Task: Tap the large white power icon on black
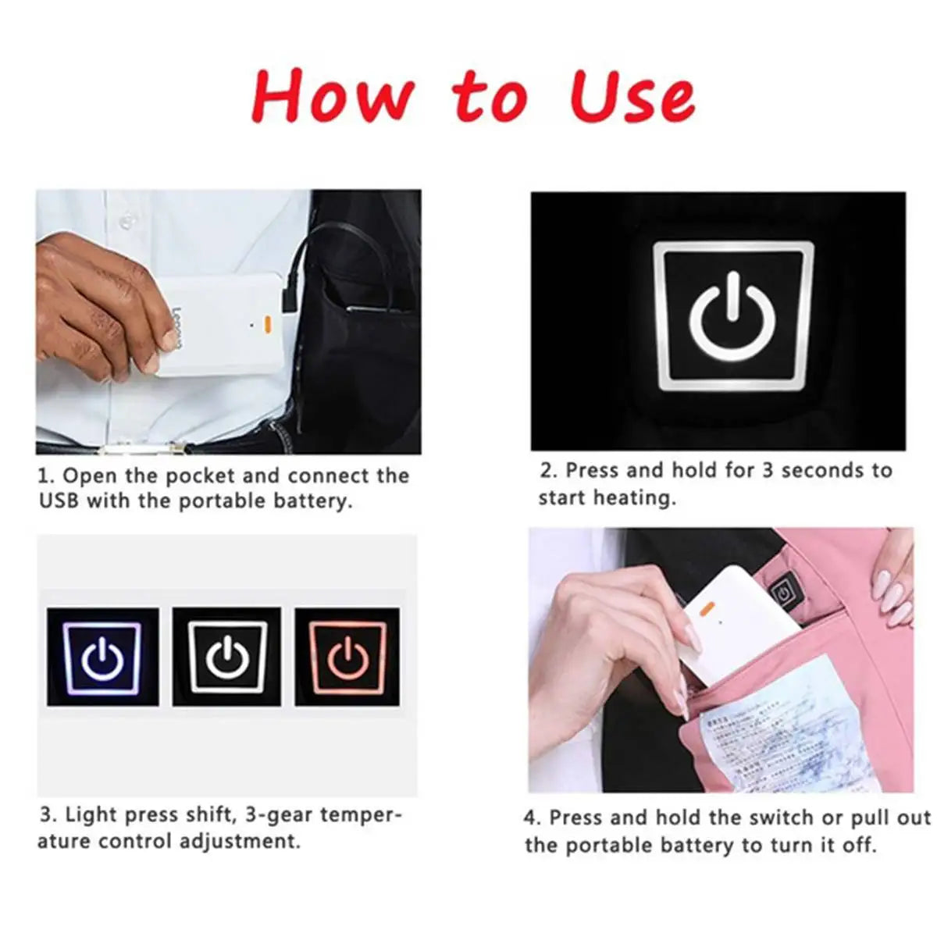tap(733, 315)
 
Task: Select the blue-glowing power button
tap(103, 658)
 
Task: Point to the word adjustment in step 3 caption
tap(239, 842)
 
